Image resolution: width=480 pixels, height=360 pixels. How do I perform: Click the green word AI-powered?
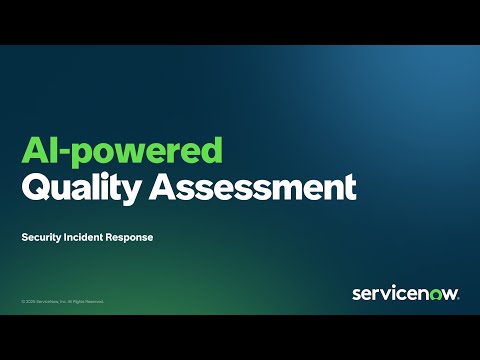[121, 153]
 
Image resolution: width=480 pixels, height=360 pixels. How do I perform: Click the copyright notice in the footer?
[62, 301]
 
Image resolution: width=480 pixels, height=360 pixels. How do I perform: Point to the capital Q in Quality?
[36, 186]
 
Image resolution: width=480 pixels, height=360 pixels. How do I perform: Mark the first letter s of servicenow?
[357, 293]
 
